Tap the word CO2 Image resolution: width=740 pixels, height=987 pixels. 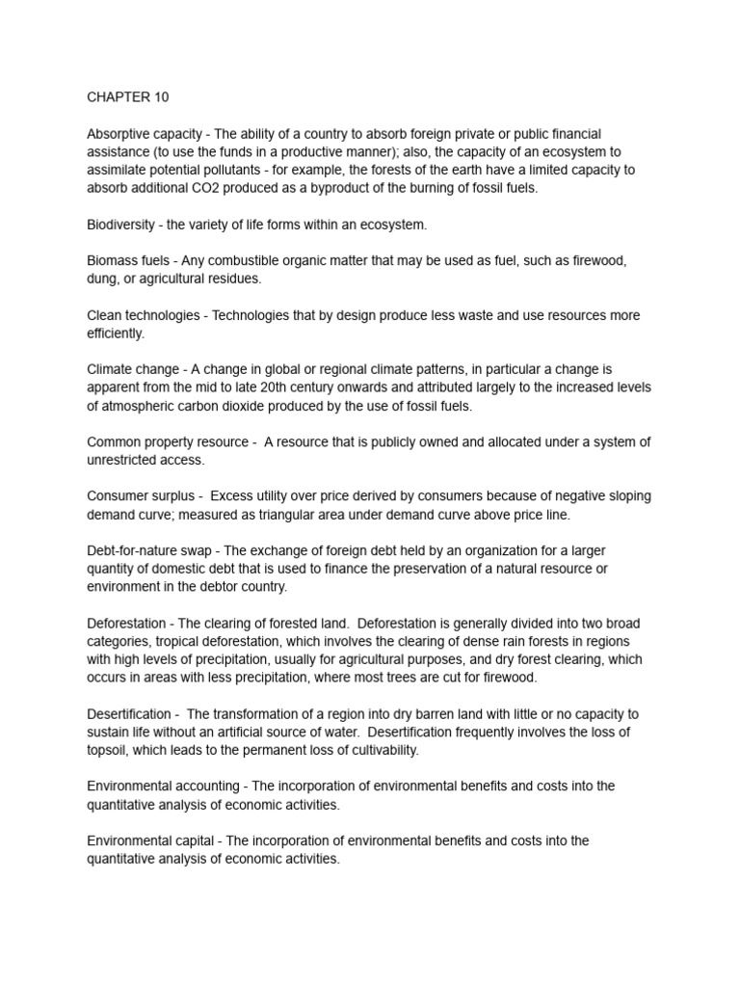[212, 189]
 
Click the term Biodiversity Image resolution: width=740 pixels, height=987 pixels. [122, 225]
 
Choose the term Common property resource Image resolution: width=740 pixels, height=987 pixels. [166, 442]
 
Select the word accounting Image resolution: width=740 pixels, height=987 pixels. [203, 787]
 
